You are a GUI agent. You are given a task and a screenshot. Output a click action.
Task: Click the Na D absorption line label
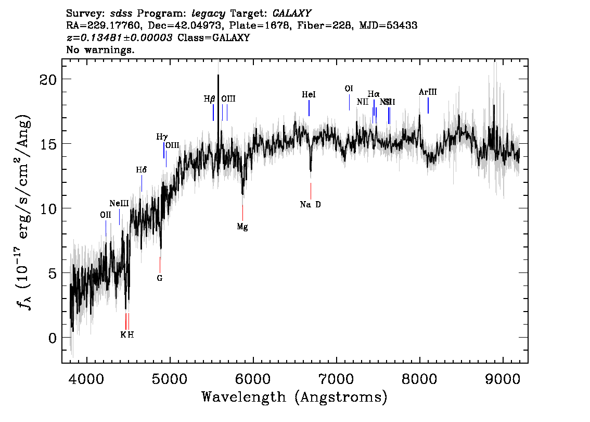coord(311,204)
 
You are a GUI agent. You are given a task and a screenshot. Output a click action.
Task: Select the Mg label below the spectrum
coord(242,227)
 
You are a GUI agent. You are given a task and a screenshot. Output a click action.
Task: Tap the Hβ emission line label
coord(209,98)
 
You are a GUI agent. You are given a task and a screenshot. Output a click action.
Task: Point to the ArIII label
coord(428,92)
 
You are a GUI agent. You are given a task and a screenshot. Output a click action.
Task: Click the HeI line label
coord(309,95)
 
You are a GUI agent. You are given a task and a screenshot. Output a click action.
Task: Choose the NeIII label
coord(119,203)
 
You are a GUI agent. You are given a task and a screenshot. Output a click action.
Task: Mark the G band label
coord(160,278)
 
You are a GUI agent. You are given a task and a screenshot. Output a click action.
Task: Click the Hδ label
coord(141,170)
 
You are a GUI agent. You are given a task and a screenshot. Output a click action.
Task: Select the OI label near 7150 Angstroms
coord(349,89)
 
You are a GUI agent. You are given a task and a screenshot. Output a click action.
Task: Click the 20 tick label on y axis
coord(48,79)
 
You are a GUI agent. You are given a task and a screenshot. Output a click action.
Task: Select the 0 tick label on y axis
coord(53,338)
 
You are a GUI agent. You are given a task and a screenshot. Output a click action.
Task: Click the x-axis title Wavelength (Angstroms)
coord(294,398)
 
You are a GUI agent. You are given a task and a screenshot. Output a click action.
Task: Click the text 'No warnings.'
coord(100,50)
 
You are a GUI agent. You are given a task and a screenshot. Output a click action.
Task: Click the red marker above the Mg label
coord(242,213)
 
